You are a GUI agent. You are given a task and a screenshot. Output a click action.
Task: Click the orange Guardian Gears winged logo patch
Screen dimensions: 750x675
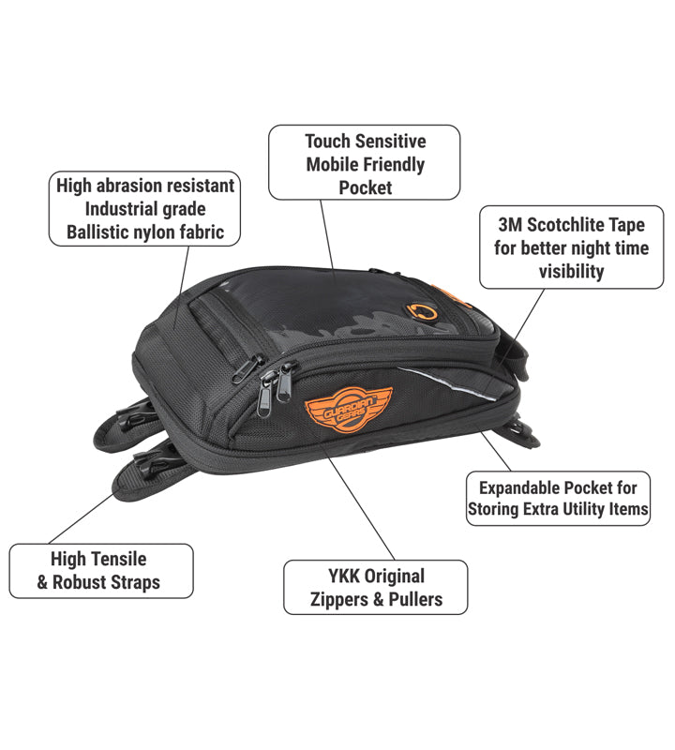[335, 412]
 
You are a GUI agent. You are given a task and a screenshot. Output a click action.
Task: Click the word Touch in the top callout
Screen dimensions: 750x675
[328, 142]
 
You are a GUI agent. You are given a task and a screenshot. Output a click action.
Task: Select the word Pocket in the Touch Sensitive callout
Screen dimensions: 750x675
[366, 187]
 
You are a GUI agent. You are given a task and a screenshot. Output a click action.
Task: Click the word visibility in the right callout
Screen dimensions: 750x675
[571, 271]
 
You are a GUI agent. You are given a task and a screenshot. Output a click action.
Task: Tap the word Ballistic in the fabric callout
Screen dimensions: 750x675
[100, 232]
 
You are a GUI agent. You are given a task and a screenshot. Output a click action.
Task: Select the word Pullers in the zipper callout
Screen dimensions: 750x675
[409, 599]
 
